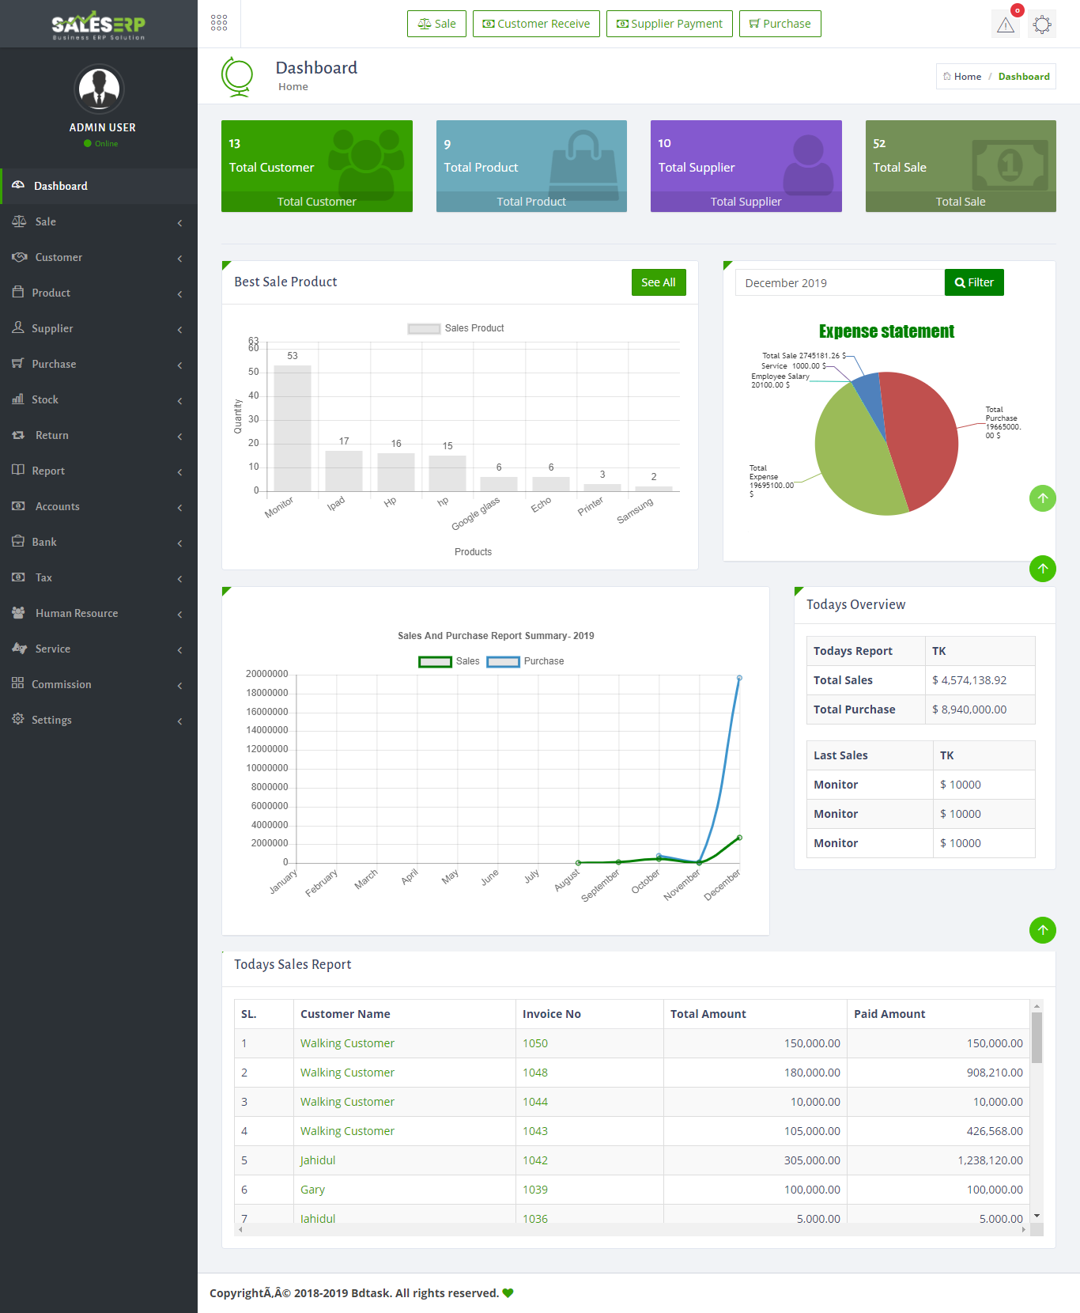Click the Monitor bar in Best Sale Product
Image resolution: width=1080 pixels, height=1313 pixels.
click(292, 428)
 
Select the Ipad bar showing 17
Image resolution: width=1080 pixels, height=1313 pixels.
click(344, 471)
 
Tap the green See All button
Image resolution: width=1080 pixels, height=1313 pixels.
click(658, 282)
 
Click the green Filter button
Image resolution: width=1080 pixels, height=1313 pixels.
click(973, 282)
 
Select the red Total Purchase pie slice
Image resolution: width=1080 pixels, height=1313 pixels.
click(921, 439)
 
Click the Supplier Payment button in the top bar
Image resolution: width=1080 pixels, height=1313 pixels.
click(669, 24)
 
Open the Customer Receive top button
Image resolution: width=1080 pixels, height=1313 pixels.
click(536, 24)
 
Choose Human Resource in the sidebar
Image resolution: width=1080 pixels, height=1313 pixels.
click(77, 613)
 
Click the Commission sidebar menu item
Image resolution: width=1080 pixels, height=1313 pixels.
click(62, 684)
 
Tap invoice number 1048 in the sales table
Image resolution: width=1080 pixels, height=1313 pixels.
click(535, 1073)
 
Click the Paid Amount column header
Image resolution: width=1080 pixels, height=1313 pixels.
click(889, 1014)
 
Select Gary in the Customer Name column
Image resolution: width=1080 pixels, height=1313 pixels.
click(312, 1190)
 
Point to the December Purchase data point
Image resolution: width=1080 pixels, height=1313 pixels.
click(739, 678)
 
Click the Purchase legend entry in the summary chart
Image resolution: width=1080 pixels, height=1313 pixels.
click(525, 661)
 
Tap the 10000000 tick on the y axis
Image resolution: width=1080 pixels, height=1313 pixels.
click(267, 768)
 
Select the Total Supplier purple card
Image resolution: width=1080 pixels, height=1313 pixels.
click(746, 166)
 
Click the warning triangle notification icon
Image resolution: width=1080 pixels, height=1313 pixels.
click(1006, 25)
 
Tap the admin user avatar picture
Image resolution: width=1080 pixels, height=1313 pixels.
click(100, 89)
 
